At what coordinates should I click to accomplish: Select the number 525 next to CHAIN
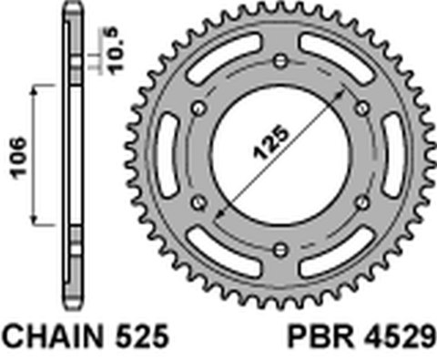pyautogui.click(x=141, y=338)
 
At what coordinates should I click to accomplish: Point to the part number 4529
pyautogui.click(x=399, y=338)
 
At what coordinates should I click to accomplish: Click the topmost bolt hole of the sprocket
pyautogui.click(x=280, y=61)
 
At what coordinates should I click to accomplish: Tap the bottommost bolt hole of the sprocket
pyautogui.click(x=280, y=247)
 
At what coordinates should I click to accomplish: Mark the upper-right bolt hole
pyautogui.click(x=361, y=108)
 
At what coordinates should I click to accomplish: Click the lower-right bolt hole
pyautogui.click(x=361, y=201)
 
